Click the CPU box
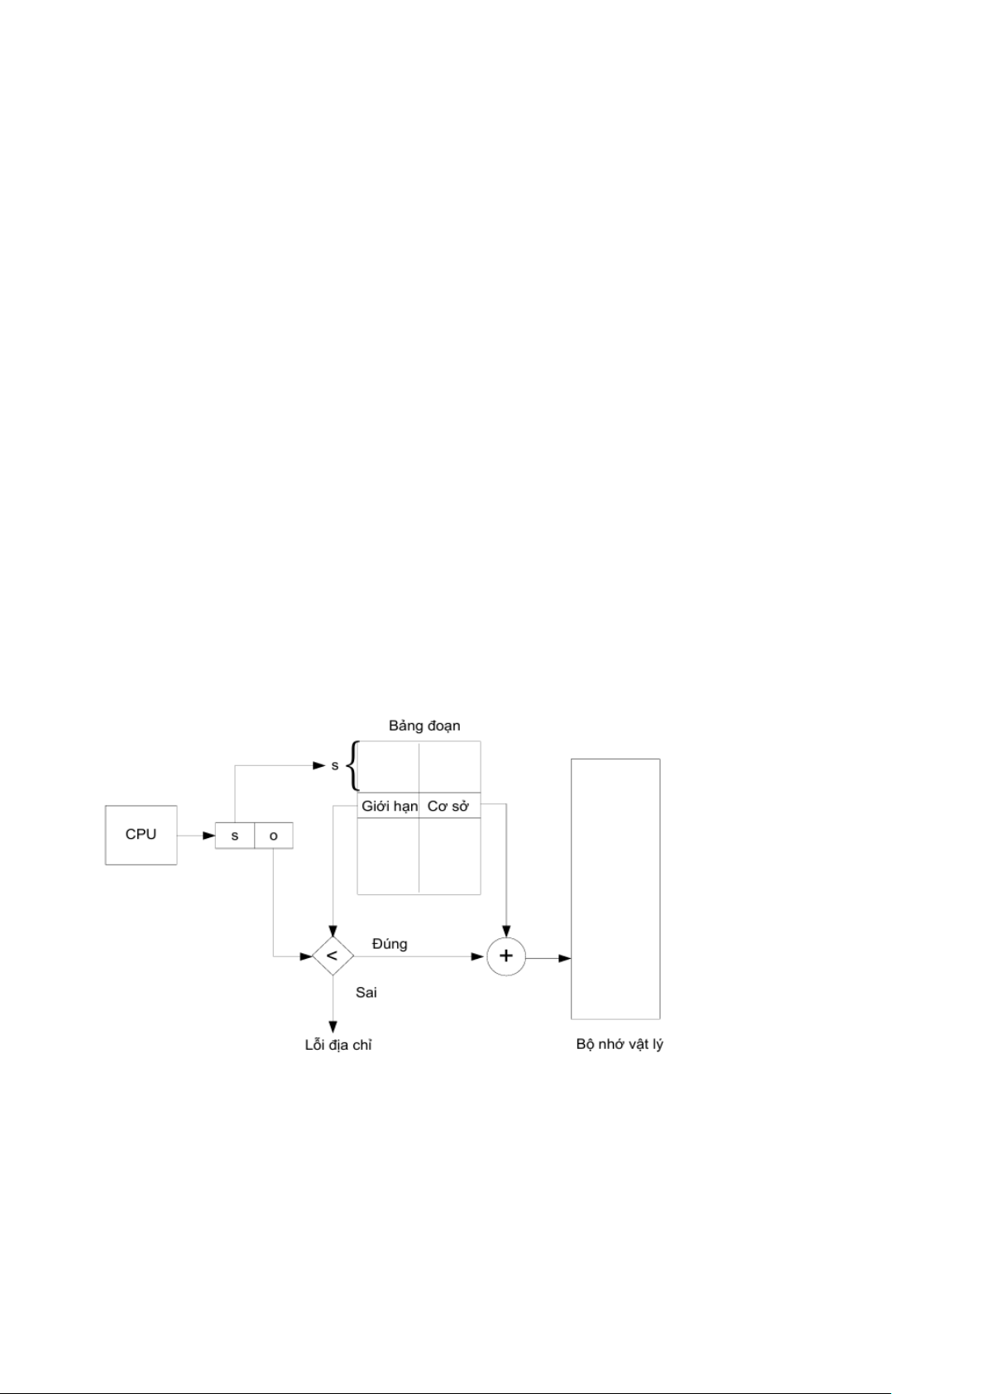point(141,835)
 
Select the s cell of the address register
point(235,836)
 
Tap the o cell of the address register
point(274,836)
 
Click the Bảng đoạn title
point(424,726)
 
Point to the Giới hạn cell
point(389,806)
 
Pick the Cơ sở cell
point(449,806)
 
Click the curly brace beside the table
point(352,766)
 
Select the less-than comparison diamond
point(333,956)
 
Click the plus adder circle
point(506,956)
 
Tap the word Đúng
point(390,944)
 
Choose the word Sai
point(366,992)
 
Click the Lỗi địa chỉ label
point(338,1045)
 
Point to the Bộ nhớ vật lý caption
point(620,1044)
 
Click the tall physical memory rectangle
point(615,889)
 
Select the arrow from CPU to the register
point(196,836)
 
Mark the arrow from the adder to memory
point(548,958)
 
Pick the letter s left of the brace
point(335,765)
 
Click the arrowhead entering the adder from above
point(506,930)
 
